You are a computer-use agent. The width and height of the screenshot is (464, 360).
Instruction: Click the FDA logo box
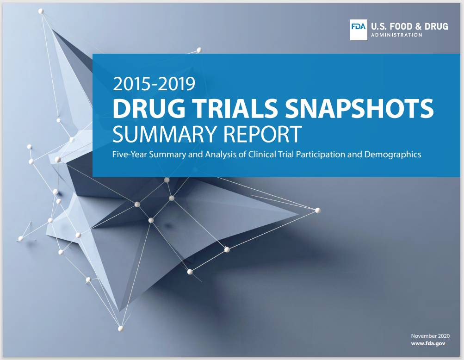(359, 30)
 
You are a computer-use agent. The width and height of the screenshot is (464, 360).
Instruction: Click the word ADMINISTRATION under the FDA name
(396, 35)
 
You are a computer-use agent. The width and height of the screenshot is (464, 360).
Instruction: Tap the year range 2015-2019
(154, 84)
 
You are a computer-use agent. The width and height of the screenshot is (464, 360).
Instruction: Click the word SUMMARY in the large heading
(165, 134)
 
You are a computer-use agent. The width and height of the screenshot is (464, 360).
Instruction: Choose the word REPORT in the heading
(262, 134)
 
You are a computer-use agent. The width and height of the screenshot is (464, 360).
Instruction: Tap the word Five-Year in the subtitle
(130, 154)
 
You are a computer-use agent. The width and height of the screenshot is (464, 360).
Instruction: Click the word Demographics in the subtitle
(393, 155)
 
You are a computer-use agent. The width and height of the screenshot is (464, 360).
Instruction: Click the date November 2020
(430, 336)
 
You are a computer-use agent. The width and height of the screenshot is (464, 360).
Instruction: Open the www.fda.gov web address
(428, 343)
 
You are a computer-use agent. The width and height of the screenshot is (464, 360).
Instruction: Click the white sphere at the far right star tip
(318, 211)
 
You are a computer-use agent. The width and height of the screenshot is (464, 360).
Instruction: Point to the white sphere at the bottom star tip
(121, 329)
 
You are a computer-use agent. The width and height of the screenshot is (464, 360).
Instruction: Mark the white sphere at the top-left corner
(41, 11)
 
